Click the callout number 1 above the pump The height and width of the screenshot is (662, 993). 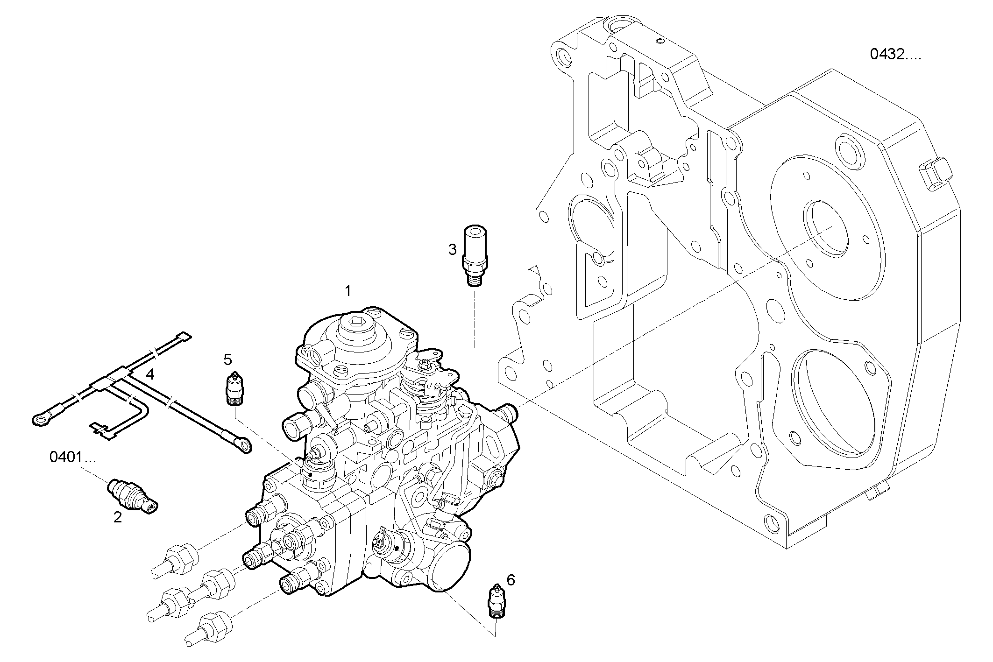point(348,291)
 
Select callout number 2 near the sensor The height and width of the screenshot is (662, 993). point(117,517)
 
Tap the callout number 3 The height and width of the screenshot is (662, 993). point(452,250)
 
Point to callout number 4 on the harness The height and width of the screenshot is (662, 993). point(150,374)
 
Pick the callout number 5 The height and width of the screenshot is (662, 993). point(227,359)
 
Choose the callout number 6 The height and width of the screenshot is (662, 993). point(511,580)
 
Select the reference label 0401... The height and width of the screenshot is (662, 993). point(72,458)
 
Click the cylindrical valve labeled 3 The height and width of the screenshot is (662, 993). point(475,252)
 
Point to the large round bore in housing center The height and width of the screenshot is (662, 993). point(825,229)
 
